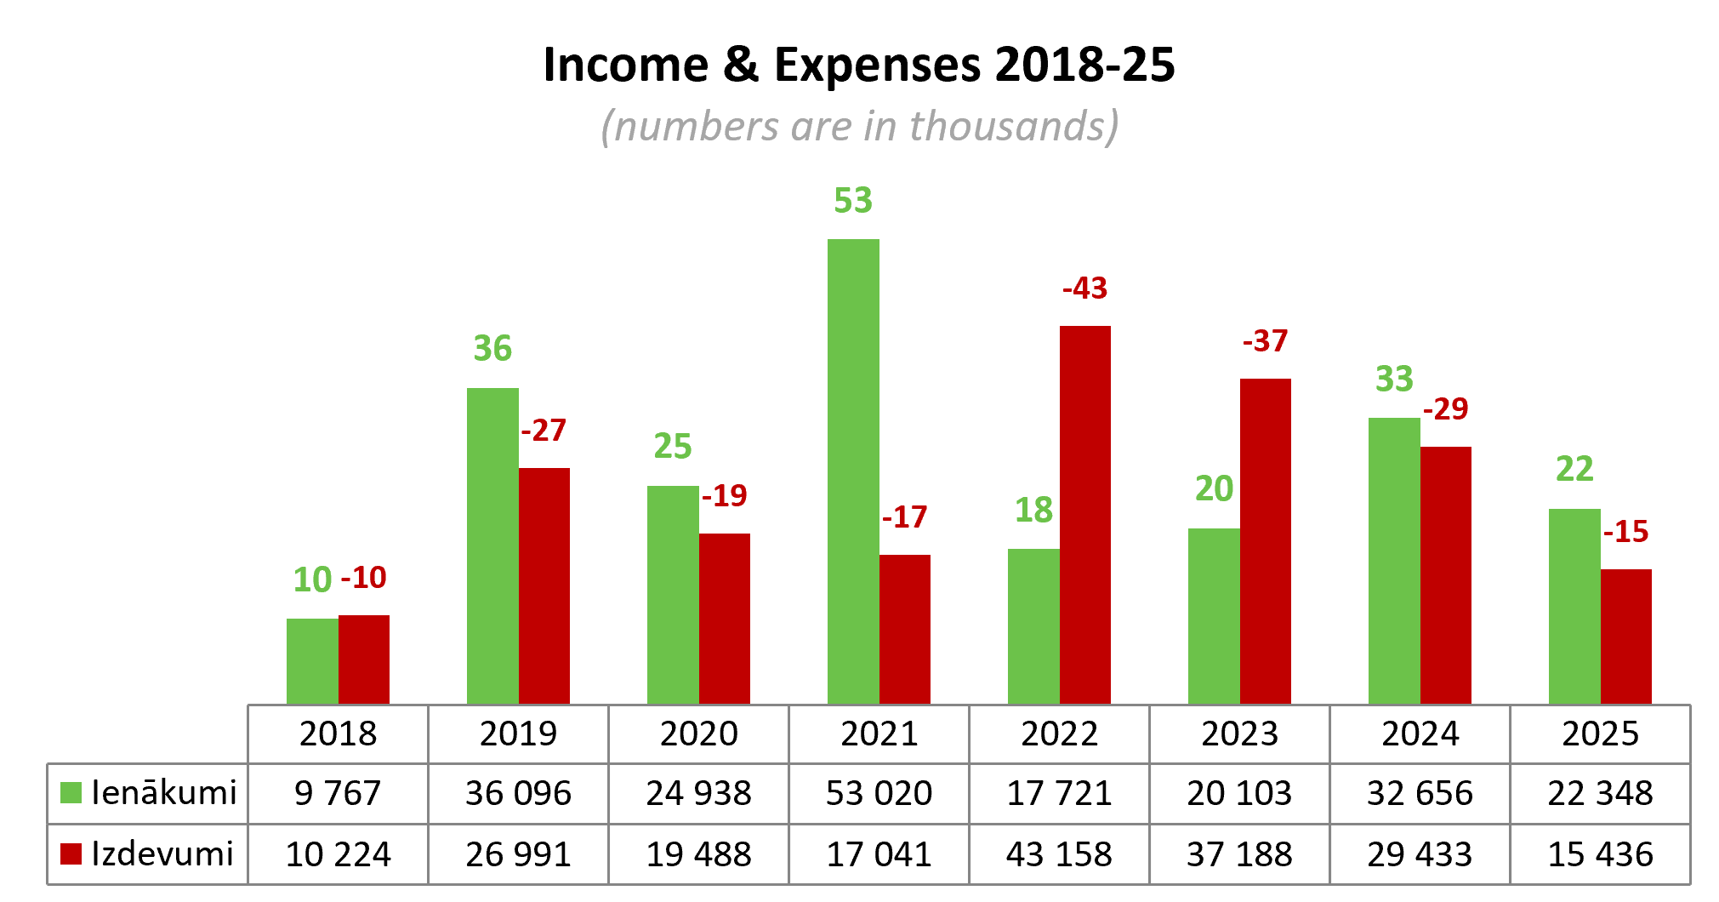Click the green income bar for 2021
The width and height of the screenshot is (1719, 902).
tap(853, 471)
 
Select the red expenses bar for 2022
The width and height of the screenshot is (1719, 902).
tap(1085, 515)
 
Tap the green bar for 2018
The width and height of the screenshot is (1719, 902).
tap(312, 661)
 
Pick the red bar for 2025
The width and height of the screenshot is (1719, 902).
tap(1626, 637)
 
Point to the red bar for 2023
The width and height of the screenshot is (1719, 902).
tap(1266, 541)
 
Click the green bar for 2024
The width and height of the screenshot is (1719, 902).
tap(1394, 561)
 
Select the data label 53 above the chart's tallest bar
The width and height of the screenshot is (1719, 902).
tap(853, 201)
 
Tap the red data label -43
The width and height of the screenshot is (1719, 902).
tap(1085, 288)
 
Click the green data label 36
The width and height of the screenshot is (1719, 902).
tap(492, 349)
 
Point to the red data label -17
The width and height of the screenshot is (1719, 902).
tap(905, 517)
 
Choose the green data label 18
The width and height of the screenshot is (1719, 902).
tap(1033, 511)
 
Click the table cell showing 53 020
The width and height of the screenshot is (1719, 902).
tap(879, 793)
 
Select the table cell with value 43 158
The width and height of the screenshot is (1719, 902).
tap(1059, 854)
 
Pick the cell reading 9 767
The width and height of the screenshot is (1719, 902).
tap(338, 793)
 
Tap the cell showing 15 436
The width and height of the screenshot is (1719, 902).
tap(1601, 854)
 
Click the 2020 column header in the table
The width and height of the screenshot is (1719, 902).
tap(699, 734)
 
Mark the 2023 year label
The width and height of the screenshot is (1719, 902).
tap(1240, 734)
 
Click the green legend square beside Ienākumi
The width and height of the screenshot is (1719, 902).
tap(71, 793)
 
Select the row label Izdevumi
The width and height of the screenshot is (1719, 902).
tap(162, 853)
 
